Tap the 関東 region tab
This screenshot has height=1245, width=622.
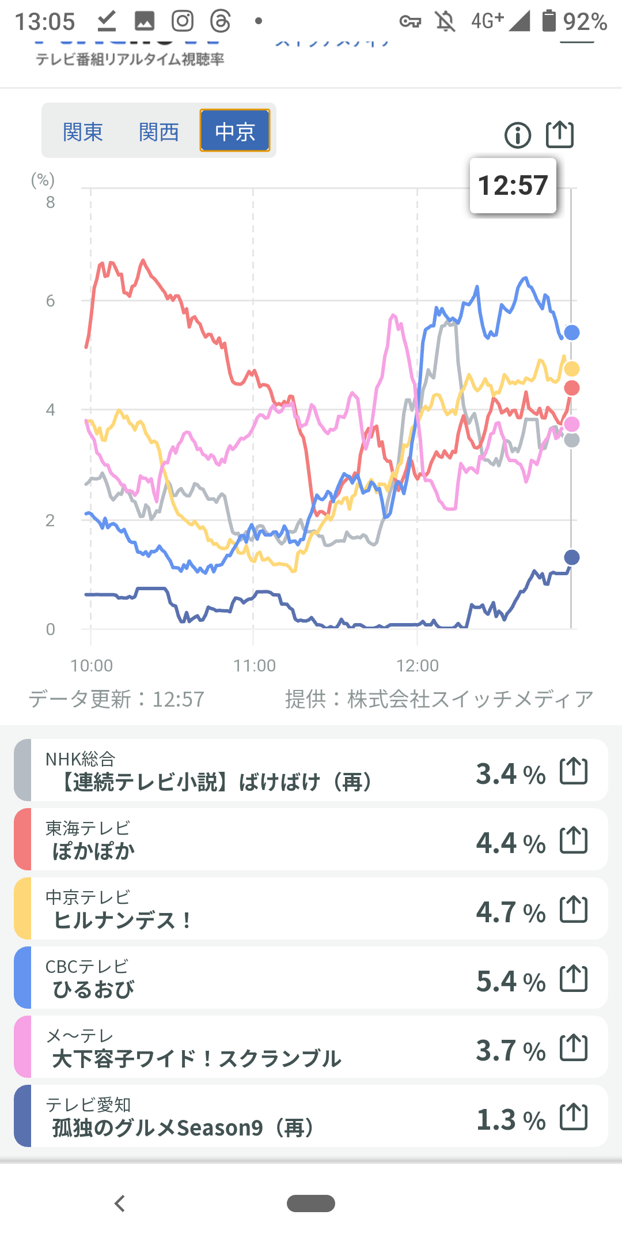(x=83, y=131)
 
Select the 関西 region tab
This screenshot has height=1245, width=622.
(x=159, y=131)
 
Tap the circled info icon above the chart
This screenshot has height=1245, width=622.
(x=518, y=135)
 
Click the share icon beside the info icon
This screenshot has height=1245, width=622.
(x=560, y=134)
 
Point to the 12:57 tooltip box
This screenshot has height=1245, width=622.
(x=513, y=186)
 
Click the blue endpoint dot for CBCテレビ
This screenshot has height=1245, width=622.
(x=572, y=333)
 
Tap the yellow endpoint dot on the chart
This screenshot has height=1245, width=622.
(x=572, y=369)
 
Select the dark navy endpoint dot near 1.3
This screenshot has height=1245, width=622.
(x=572, y=557)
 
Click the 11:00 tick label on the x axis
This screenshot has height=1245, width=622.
(x=255, y=666)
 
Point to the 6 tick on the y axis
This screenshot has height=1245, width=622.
(x=51, y=301)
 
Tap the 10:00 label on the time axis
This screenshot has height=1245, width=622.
(x=92, y=666)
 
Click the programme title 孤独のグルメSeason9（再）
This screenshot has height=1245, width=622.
(x=183, y=1127)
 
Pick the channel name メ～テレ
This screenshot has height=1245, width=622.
(x=80, y=1036)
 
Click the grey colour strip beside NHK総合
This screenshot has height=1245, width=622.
(x=22, y=770)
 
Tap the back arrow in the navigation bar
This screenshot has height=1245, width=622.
(x=120, y=1203)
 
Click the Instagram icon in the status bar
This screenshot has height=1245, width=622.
(x=183, y=21)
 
